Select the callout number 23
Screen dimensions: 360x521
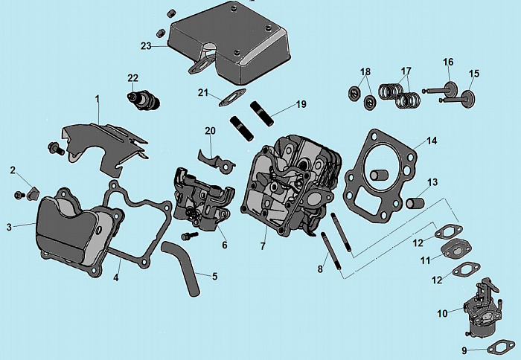(146, 46)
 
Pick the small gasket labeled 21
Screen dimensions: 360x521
(233, 97)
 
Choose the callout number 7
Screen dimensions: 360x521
(263, 245)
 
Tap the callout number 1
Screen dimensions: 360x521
(97, 98)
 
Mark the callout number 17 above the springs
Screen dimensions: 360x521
(405, 72)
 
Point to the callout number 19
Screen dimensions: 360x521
(301, 105)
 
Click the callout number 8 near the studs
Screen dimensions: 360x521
(320, 269)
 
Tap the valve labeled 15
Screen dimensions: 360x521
(469, 97)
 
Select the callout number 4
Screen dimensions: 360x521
(115, 278)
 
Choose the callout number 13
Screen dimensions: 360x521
(432, 182)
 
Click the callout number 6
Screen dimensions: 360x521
(224, 245)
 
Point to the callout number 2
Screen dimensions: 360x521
(13, 170)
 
